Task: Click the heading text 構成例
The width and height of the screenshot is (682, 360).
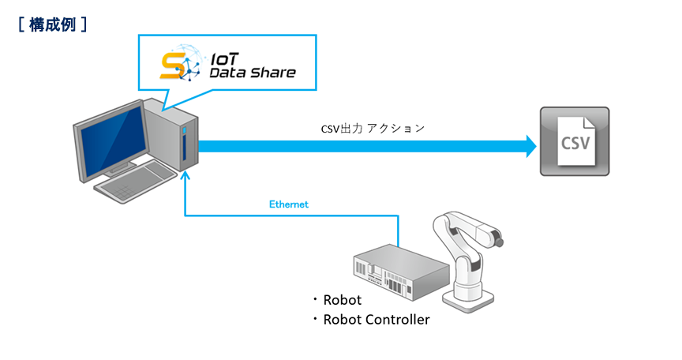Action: (x=52, y=24)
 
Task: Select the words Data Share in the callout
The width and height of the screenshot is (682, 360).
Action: (x=252, y=73)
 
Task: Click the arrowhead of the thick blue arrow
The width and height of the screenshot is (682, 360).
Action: (x=530, y=146)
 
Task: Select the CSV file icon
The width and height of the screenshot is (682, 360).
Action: (x=574, y=141)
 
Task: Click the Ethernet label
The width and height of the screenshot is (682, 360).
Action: (x=289, y=204)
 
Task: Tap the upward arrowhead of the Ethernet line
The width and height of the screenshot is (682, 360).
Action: (x=185, y=180)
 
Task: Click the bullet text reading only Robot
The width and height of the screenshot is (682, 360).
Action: (x=343, y=300)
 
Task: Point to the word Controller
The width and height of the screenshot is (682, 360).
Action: (x=398, y=320)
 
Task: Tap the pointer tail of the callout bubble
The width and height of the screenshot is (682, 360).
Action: (x=168, y=99)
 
